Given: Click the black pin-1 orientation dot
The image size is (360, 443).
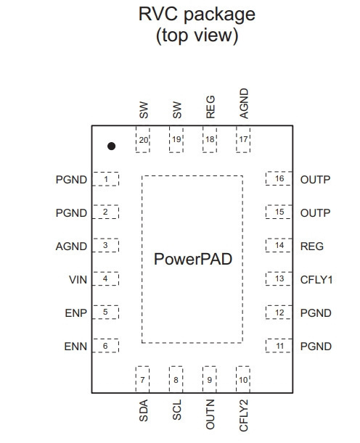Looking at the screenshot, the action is pyautogui.click(x=112, y=146).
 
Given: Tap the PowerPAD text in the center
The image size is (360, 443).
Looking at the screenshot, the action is pyautogui.click(x=193, y=259).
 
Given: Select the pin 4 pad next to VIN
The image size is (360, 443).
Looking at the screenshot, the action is pyautogui.click(x=105, y=278).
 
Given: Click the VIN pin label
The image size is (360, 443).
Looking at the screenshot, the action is pyautogui.click(x=78, y=280).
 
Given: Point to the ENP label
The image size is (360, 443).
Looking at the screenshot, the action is pyautogui.click(x=75, y=313).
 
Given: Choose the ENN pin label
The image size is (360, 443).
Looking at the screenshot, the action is pyautogui.click(x=75, y=347).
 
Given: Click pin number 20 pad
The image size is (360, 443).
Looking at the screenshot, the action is pyautogui.click(x=143, y=139).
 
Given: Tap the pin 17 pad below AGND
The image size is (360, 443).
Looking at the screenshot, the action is pyautogui.click(x=243, y=139).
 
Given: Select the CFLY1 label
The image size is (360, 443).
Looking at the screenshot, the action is pyautogui.click(x=316, y=280).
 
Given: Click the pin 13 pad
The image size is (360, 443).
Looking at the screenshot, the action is pyautogui.click(x=279, y=278).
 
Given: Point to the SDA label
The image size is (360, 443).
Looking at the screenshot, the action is pyautogui.click(x=144, y=410).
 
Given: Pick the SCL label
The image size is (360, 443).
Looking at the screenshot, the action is pyautogui.click(x=177, y=410).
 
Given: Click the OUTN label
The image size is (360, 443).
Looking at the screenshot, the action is pyautogui.click(x=210, y=415).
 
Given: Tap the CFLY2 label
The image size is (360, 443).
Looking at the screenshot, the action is pyautogui.click(x=243, y=415).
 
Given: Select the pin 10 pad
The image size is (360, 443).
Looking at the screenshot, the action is pyautogui.click(x=243, y=379).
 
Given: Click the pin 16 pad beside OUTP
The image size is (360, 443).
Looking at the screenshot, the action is pyautogui.click(x=279, y=178).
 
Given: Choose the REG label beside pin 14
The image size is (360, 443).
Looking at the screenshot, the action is pyautogui.click(x=311, y=247).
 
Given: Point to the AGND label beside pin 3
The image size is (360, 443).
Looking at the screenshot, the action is pyautogui.click(x=71, y=247).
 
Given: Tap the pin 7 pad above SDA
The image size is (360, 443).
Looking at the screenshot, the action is pyautogui.click(x=142, y=379).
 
